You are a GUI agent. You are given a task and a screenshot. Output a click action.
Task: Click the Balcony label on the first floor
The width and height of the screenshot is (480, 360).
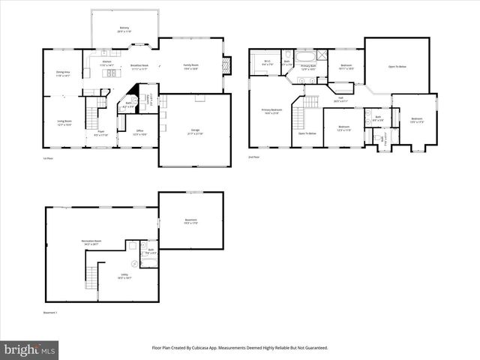(x=124, y=30)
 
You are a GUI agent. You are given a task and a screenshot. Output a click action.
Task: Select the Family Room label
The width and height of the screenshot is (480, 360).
(x=190, y=67)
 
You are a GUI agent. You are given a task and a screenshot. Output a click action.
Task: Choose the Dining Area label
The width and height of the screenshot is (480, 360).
(x=62, y=74)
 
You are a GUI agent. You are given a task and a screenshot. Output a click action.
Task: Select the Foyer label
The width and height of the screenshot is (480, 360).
(x=100, y=133)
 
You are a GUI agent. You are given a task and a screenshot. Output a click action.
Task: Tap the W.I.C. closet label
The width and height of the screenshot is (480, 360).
(x=267, y=63)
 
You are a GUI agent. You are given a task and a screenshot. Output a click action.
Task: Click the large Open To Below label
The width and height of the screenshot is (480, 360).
(x=397, y=66)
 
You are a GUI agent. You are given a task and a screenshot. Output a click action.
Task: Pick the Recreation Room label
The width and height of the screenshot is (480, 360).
(x=91, y=241)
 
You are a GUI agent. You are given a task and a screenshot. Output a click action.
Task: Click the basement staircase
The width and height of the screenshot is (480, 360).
(x=91, y=277)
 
